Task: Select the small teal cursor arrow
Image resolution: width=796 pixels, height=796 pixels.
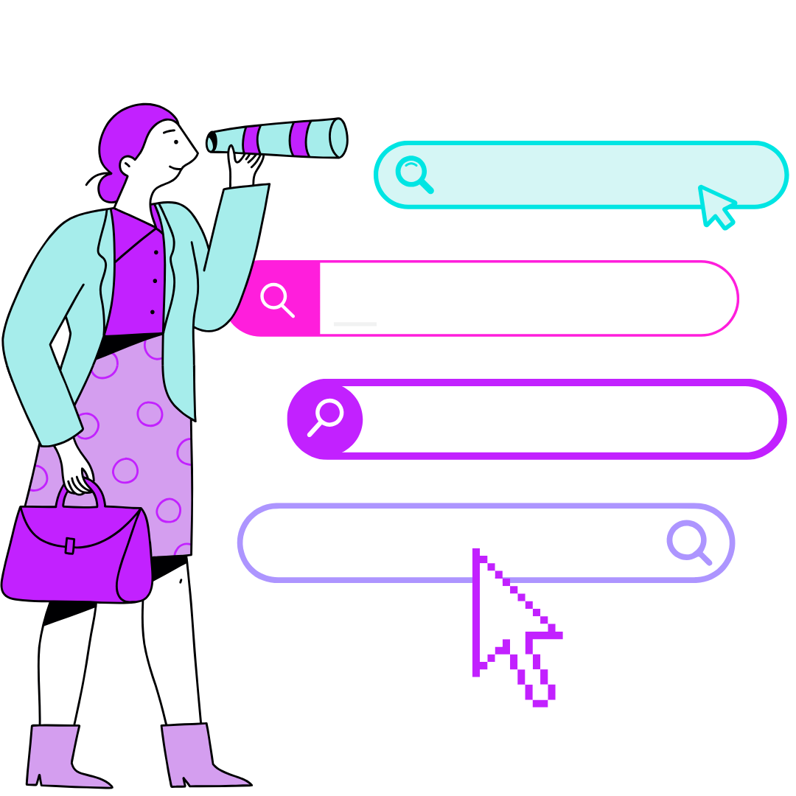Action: pos(714,204)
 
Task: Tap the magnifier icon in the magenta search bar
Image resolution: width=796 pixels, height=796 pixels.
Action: pos(276,298)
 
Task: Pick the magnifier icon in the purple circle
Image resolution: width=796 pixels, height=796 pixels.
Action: pos(325,417)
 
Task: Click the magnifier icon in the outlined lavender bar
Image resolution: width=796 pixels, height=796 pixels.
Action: pos(688,541)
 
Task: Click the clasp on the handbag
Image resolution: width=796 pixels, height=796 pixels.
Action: pos(70,546)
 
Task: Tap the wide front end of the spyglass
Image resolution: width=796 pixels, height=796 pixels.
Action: pos(337,138)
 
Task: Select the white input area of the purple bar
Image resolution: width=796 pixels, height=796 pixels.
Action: pos(568,419)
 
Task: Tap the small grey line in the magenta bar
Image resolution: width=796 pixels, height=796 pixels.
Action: pos(355,324)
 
